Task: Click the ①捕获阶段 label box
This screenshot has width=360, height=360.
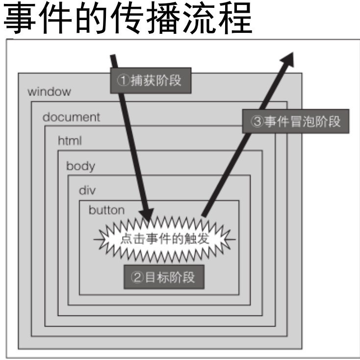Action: point(150,80)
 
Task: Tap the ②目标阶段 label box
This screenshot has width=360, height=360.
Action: point(163,277)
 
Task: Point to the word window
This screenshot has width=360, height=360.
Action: point(49,92)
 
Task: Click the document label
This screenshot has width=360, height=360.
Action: point(71,117)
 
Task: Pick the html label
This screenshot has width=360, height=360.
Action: point(70,141)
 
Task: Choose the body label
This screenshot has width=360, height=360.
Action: point(80,166)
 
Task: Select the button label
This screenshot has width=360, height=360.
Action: point(106,210)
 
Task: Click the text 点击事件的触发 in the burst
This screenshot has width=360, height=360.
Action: point(163,239)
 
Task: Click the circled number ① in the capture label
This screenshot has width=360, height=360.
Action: point(123,80)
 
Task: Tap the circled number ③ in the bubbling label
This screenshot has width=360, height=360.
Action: point(257,121)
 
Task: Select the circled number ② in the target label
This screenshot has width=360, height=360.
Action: point(137,278)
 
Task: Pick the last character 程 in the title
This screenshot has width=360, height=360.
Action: point(236,18)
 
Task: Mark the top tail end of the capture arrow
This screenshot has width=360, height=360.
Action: point(113,55)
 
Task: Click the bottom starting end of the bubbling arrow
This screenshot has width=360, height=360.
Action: point(203,215)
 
